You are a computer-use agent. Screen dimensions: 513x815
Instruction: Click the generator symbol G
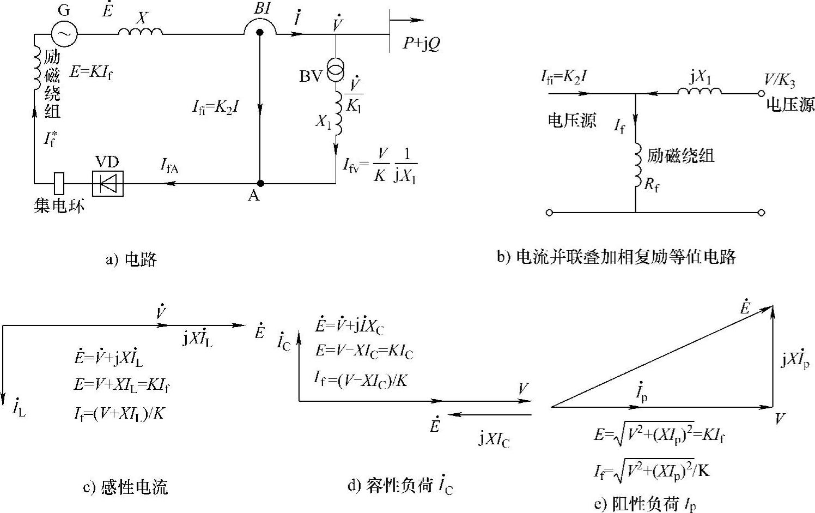64,34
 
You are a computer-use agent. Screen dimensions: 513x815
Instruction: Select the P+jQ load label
421,44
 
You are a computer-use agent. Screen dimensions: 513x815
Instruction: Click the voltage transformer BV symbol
336,71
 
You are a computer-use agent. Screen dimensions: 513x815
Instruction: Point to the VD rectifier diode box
108,183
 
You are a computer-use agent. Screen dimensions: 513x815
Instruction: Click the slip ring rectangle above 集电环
59,183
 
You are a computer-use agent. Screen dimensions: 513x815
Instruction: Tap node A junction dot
260,183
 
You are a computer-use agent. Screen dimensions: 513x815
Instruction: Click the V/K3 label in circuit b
778,81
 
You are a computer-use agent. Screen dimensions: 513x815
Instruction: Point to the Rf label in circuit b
652,185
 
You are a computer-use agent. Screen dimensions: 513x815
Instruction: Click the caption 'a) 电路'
131,259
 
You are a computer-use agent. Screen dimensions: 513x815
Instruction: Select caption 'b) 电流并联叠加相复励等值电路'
616,256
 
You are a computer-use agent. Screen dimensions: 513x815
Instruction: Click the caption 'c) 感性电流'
125,487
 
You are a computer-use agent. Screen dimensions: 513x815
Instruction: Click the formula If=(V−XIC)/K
361,378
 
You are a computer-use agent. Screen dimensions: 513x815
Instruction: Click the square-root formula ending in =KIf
659,435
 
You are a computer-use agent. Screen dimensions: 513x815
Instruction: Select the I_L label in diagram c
19,409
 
